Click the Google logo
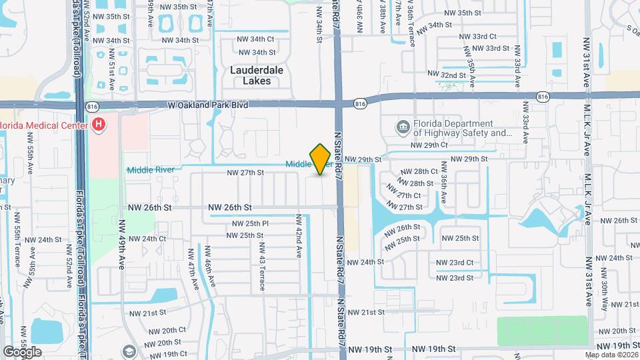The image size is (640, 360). coord(22,351)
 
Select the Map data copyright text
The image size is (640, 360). coord(611,354)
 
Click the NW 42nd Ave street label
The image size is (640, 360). coord(300,253)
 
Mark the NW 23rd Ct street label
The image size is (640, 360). coord(455,263)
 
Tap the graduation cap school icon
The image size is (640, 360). coord(129,351)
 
